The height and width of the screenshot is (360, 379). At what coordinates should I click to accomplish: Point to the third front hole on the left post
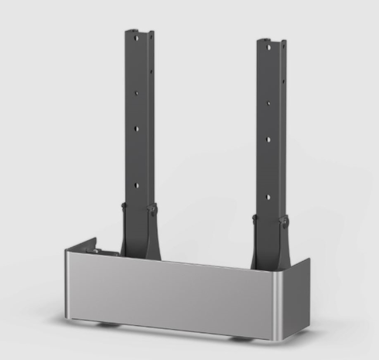tap(138, 127)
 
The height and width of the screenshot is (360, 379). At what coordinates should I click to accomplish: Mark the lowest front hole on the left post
tap(137, 184)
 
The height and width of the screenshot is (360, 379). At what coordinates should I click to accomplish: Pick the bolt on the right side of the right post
tap(284, 221)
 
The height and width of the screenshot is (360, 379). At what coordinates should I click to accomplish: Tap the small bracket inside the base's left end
tap(97, 252)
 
